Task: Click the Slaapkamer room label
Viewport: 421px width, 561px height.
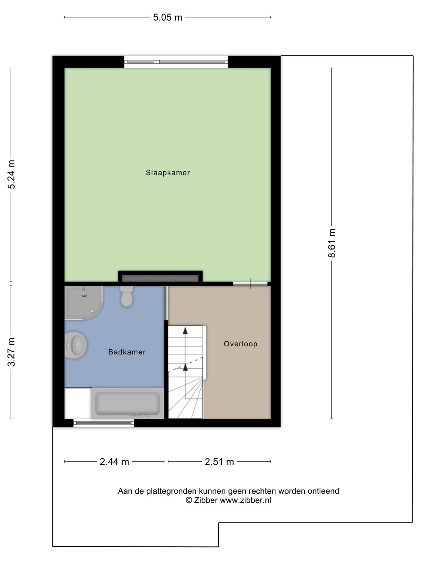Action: click(168, 173)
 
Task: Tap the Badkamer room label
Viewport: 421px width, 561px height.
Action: click(127, 352)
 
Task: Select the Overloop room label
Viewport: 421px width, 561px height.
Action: click(241, 344)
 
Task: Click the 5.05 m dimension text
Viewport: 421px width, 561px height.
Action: click(167, 17)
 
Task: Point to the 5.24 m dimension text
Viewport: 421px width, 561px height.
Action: click(12, 174)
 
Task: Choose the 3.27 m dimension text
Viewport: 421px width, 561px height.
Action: click(12, 352)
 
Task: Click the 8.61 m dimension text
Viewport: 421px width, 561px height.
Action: click(332, 243)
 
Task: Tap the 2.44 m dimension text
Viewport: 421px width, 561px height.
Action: click(114, 462)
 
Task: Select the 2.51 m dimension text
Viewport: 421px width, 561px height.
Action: click(219, 462)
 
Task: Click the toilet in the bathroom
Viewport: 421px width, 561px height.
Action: click(127, 296)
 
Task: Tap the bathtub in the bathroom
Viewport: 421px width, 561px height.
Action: click(128, 403)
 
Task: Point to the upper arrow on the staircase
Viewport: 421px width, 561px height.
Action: click(185, 331)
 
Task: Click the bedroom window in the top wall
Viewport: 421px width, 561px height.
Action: click(176, 62)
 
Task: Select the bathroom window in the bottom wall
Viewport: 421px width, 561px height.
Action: click(104, 423)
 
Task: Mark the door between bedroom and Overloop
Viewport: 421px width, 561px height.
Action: click(250, 284)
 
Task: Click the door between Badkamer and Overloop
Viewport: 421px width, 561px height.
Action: click(166, 303)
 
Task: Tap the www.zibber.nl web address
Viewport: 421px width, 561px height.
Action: click(245, 500)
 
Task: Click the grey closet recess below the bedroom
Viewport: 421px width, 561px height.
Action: click(160, 278)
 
